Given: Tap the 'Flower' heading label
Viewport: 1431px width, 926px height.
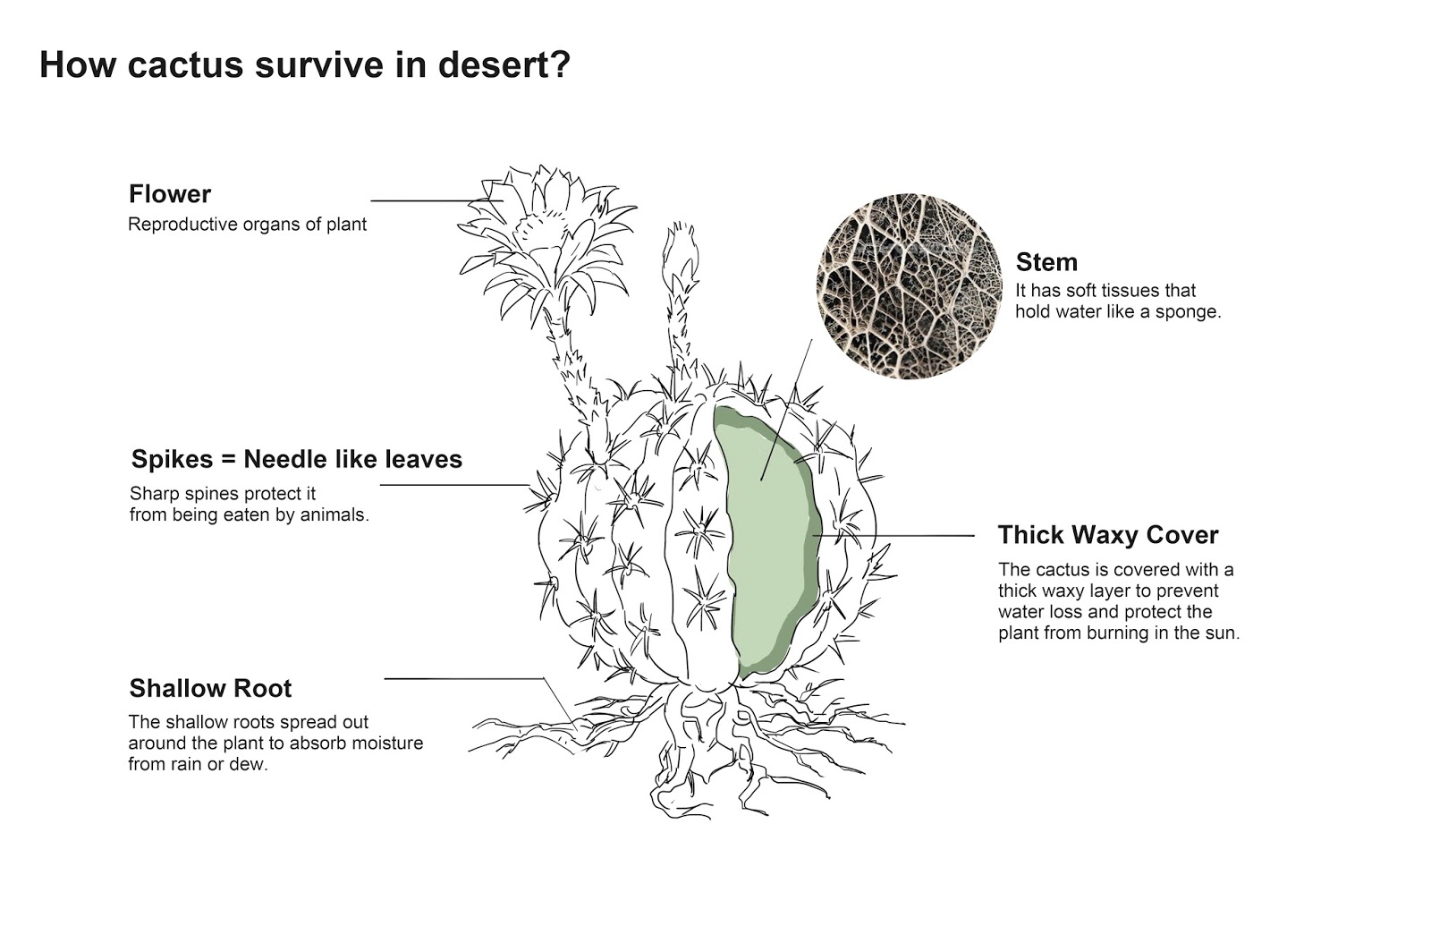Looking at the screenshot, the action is tap(170, 194).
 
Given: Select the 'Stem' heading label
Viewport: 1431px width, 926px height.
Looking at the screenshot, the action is tap(1046, 262).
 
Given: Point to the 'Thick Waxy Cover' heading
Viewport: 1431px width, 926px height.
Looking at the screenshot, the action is tap(1108, 535).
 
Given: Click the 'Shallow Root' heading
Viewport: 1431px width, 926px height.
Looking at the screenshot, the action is tap(210, 688).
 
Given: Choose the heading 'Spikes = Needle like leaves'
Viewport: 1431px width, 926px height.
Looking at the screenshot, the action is tap(297, 459).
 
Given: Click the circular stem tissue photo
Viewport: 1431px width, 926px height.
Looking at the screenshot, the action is tap(910, 286).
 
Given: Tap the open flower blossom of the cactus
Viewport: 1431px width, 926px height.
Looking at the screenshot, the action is tap(546, 237).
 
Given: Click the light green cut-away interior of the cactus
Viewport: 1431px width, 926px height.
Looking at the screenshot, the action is tap(769, 537).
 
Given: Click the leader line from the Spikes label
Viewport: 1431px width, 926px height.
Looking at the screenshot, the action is tap(452, 485).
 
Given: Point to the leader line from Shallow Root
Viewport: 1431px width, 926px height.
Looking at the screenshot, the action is tap(465, 678).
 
